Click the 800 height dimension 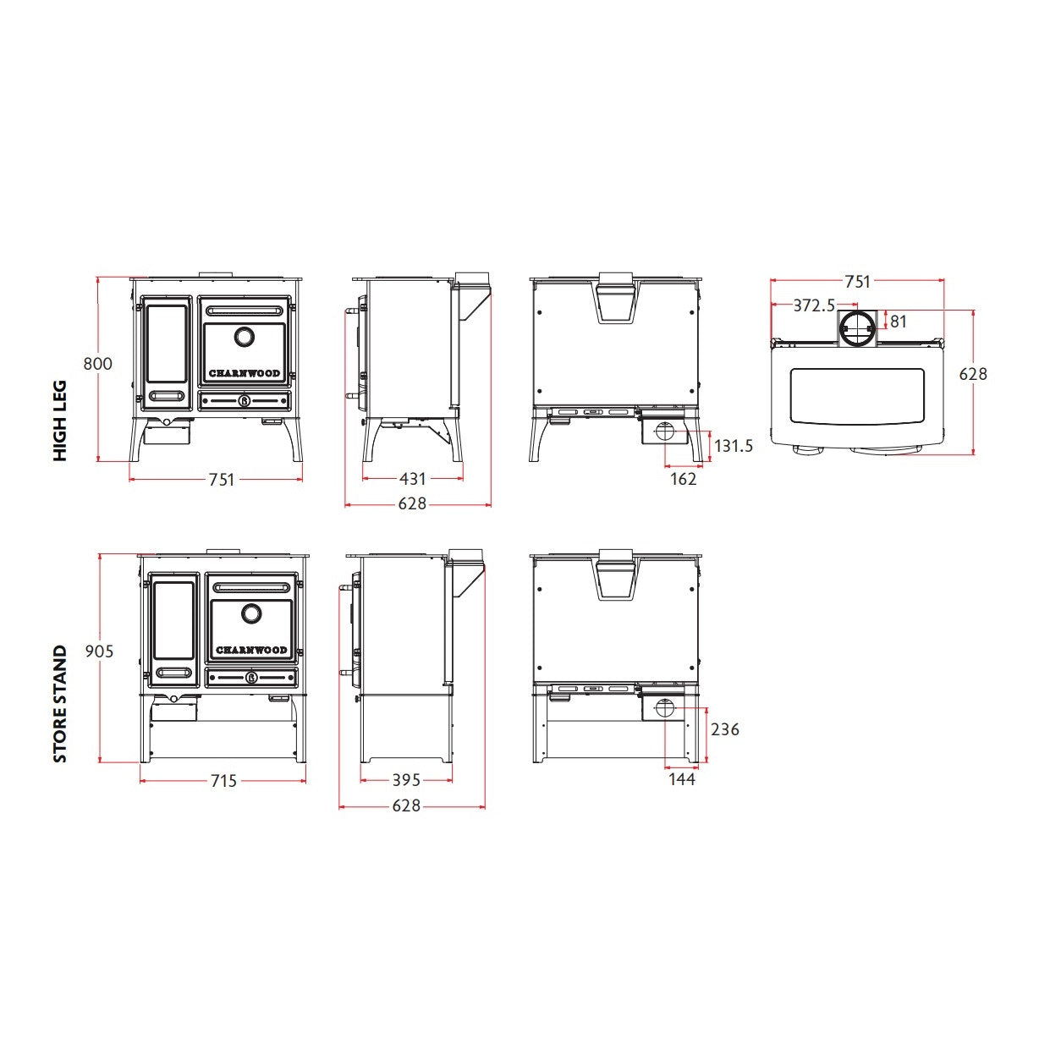point(97,364)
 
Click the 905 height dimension point(99,651)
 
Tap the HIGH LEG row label point(60,421)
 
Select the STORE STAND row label point(60,704)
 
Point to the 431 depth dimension point(413,478)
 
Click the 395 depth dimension point(406,779)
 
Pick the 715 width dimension point(223,780)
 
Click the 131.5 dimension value point(734,446)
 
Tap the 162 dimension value point(683,478)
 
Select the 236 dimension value point(724,729)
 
